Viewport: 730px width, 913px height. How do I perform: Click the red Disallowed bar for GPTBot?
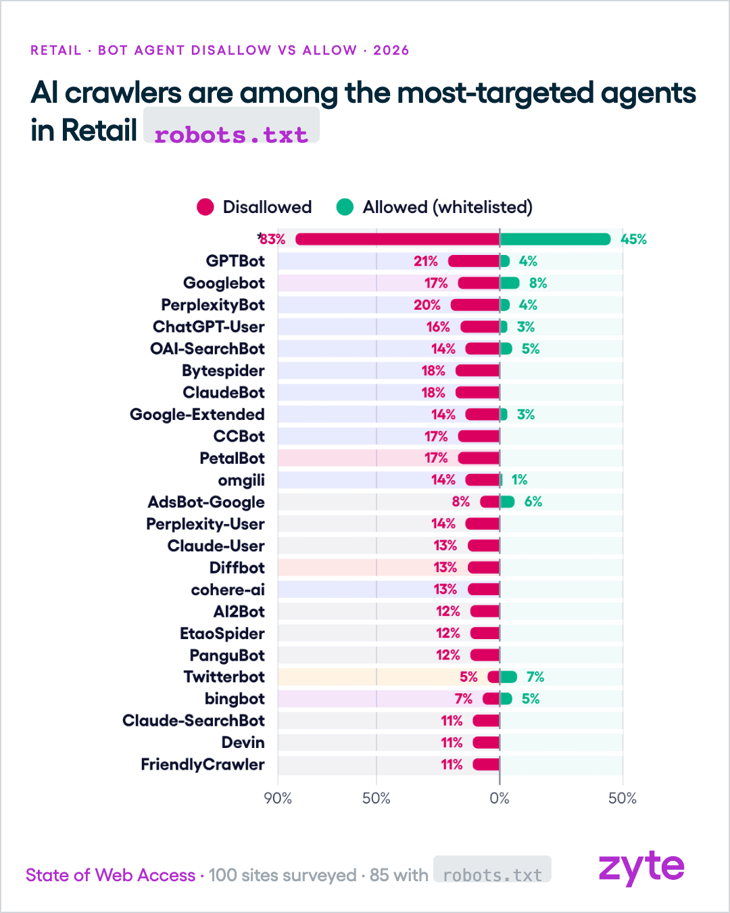coord(474,261)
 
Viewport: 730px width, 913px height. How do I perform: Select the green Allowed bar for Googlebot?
coord(510,283)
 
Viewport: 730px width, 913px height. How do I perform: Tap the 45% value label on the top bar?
coord(633,239)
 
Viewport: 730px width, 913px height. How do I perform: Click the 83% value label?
coord(272,239)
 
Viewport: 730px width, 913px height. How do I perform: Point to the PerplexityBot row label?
coord(212,305)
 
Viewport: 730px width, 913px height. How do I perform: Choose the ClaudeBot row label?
coord(224,392)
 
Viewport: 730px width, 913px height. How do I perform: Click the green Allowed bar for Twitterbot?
coord(508,677)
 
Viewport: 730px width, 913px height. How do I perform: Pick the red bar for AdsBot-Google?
coord(490,502)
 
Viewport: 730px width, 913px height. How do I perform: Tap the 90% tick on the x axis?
coord(278,799)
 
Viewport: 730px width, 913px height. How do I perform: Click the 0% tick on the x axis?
coord(500,799)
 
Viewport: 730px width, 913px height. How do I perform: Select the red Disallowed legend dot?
coord(205,207)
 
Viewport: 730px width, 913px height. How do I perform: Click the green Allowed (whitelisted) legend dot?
coord(345,207)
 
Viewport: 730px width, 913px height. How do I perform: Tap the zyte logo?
coord(641,868)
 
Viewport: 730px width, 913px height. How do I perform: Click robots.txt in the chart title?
coord(231,135)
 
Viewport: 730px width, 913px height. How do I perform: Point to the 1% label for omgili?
coord(519,480)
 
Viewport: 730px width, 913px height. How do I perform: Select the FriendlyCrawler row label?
coord(203,764)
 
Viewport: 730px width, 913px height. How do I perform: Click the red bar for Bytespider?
coord(478,371)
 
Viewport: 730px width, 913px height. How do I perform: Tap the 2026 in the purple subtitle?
coord(391,50)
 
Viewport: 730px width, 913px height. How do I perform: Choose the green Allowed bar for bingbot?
coord(506,699)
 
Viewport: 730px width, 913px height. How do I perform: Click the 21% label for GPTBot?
coord(425,261)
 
